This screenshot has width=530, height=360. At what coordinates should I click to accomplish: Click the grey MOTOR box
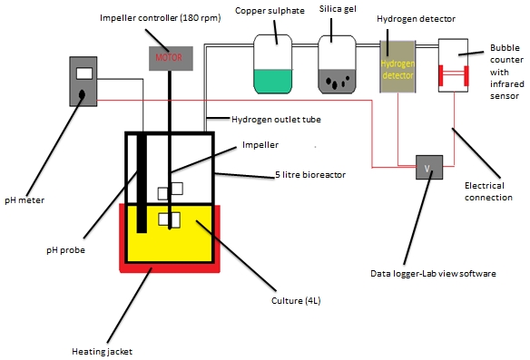[x=168, y=57]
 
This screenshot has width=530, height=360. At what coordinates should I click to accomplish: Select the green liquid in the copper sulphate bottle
[x=273, y=81]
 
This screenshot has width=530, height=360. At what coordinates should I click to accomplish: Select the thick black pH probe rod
[x=142, y=182]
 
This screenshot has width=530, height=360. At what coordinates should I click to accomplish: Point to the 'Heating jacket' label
[x=103, y=350]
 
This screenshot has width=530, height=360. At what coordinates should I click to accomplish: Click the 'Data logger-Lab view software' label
[x=433, y=273]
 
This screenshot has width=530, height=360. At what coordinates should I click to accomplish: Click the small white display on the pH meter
[x=84, y=73]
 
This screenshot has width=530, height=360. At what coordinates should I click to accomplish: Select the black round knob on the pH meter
[x=83, y=92]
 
